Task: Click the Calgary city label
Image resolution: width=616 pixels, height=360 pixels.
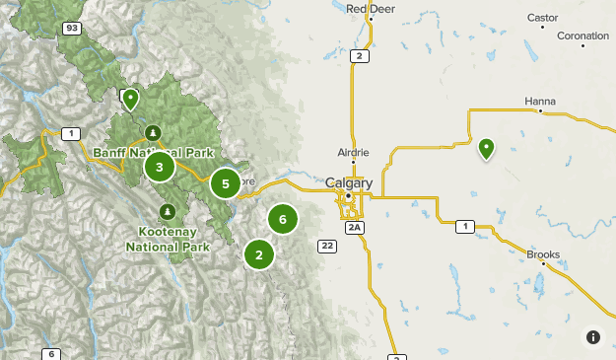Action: click(x=349, y=183)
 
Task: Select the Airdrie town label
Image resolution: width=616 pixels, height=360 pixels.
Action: click(x=353, y=152)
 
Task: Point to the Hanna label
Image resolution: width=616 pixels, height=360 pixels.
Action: click(x=540, y=101)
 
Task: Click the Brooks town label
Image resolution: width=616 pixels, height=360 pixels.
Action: click(x=543, y=254)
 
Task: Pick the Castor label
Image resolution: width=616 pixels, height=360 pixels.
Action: click(x=542, y=17)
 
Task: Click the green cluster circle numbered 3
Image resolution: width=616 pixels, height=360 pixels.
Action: click(x=160, y=168)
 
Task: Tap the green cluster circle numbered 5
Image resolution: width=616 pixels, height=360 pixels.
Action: click(x=226, y=183)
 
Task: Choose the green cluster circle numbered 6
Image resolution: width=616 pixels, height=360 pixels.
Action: click(x=283, y=220)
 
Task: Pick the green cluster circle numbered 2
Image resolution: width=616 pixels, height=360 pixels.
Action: click(x=259, y=254)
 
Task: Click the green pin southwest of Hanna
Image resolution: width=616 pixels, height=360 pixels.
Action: click(x=486, y=148)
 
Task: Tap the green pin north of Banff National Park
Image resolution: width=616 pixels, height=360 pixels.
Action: click(x=130, y=98)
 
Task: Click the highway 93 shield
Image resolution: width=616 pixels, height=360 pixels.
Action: click(x=71, y=29)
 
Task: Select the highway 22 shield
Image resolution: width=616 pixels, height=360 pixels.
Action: click(x=325, y=245)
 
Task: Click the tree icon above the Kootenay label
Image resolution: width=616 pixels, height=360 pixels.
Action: click(x=169, y=211)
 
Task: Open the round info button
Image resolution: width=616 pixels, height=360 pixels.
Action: click(x=593, y=337)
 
